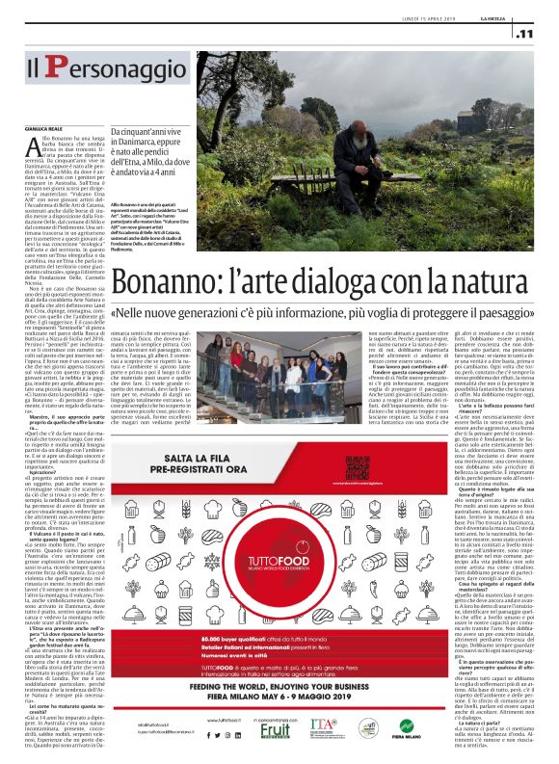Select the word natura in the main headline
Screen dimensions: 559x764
[x=492, y=257]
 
